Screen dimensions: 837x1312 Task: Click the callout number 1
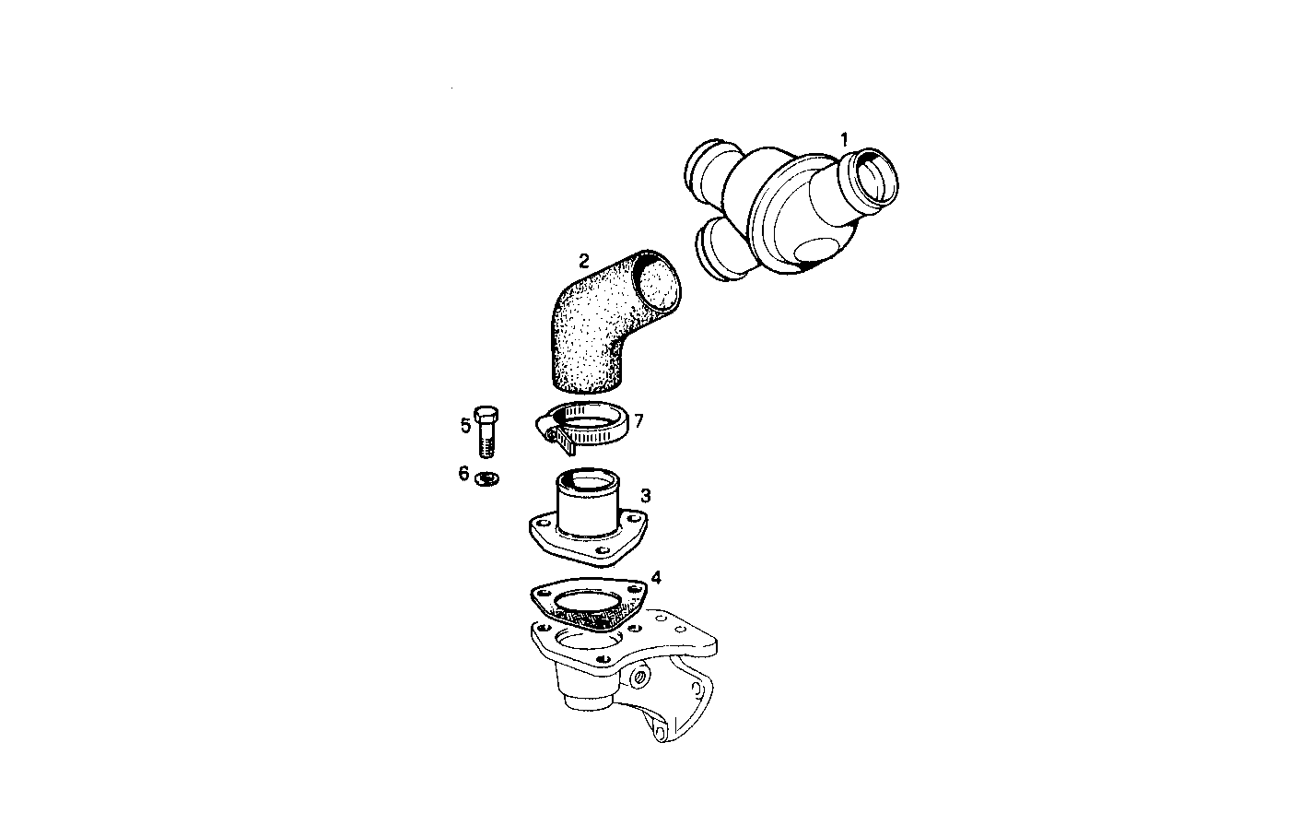coord(843,140)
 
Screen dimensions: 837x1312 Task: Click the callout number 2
coord(583,260)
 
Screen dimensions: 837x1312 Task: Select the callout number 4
coord(655,578)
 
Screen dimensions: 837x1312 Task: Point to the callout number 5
coord(465,425)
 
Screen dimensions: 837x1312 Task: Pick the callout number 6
coord(463,473)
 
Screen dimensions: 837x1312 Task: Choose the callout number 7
coord(638,420)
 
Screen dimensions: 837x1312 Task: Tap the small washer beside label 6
coord(486,477)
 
